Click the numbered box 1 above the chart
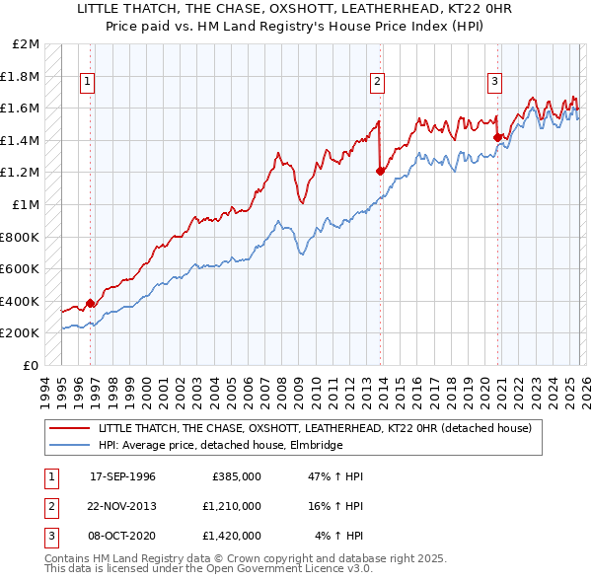(x=88, y=82)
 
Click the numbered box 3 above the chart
(x=494, y=82)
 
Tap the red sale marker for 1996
(x=91, y=303)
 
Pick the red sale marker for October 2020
(x=497, y=137)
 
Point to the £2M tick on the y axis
(x=27, y=44)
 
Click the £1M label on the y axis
(x=27, y=205)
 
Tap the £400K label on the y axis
(x=22, y=301)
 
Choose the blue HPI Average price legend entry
(x=219, y=446)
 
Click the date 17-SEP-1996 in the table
(x=122, y=476)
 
